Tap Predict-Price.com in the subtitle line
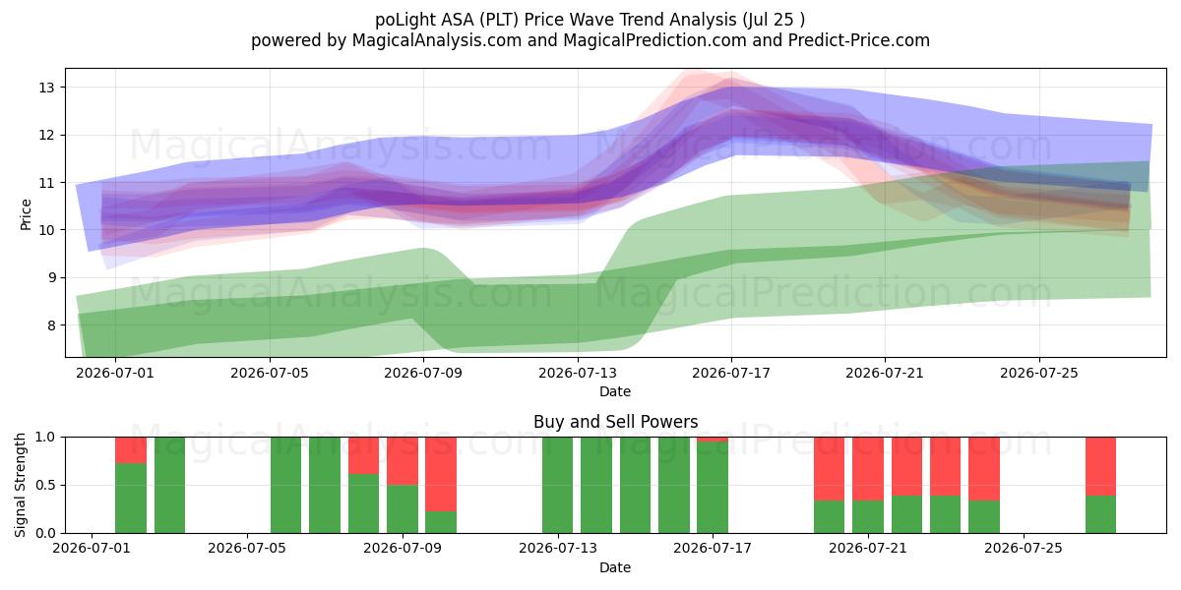click(859, 40)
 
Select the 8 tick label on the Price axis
click(51, 325)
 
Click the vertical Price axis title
click(26, 214)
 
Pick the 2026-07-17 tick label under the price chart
click(730, 373)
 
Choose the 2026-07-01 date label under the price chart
click(115, 373)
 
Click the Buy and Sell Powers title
click(615, 422)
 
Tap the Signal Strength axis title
click(20, 485)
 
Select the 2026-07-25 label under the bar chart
click(1024, 548)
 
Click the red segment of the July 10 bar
click(441, 474)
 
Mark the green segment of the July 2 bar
click(131, 498)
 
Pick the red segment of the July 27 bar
click(1101, 466)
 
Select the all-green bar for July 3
click(169, 485)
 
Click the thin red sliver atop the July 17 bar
click(713, 440)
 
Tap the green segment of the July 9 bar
click(403, 509)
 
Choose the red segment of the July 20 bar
click(829, 469)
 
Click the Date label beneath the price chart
click(615, 391)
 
